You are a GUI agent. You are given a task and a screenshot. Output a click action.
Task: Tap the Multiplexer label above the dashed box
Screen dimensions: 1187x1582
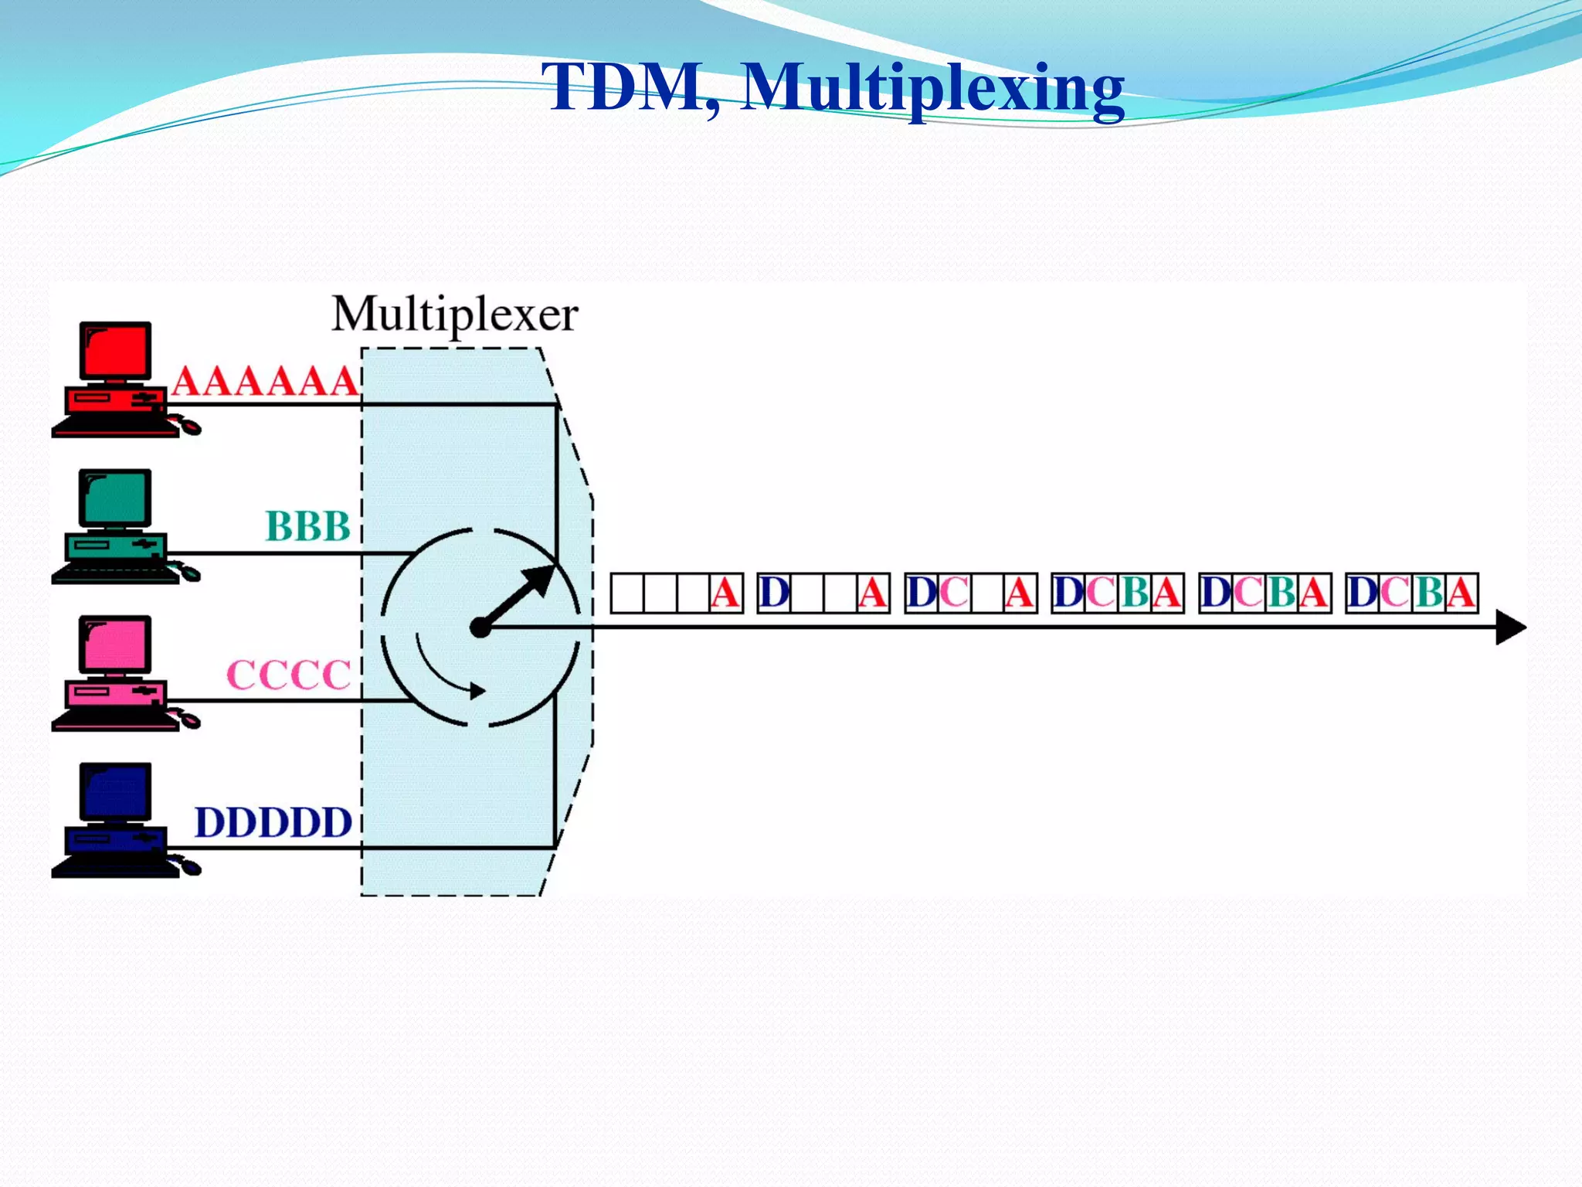pyautogui.click(x=455, y=315)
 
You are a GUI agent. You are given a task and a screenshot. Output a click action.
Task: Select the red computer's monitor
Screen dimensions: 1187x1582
pyautogui.click(x=115, y=352)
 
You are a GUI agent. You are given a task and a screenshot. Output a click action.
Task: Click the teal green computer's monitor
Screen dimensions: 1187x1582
pyautogui.click(x=115, y=498)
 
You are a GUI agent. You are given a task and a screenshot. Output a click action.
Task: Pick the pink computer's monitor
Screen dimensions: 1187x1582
pyautogui.click(x=115, y=645)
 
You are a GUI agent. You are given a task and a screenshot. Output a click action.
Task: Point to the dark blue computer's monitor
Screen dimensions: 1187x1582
pyautogui.click(x=115, y=792)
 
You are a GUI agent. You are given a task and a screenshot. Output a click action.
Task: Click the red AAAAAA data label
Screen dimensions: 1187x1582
pyautogui.click(x=265, y=381)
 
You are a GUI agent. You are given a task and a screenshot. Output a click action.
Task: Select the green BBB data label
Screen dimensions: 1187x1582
pyautogui.click(x=307, y=526)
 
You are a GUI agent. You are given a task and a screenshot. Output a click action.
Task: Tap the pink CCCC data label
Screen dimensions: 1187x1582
pyautogui.click(x=289, y=675)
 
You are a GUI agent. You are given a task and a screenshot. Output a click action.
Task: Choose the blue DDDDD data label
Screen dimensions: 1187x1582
pyautogui.click(x=273, y=822)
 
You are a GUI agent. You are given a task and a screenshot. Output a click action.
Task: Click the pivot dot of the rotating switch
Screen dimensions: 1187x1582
pyautogui.click(x=480, y=628)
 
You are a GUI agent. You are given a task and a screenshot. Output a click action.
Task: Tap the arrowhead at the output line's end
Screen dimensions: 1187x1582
pyautogui.click(x=1510, y=627)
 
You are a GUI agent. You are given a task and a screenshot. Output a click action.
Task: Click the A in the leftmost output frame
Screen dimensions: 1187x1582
pyautogui.click(x=725, y=593)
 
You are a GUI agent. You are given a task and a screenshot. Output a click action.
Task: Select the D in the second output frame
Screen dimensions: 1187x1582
pyautogui.click(x=774, y=593)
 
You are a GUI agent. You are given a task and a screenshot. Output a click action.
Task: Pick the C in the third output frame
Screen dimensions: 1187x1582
pyautogui.click(x=954, y=593)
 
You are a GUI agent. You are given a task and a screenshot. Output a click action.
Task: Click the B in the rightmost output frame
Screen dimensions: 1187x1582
pyautogui.click(x=1429, y=593)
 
